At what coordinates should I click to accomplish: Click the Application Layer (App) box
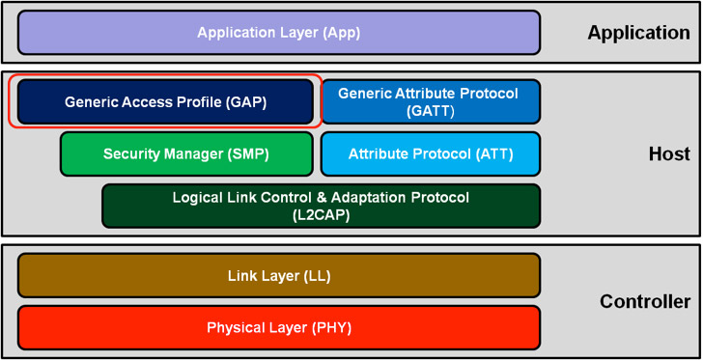click(278, 33)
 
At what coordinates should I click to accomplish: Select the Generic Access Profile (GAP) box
click(165, 101)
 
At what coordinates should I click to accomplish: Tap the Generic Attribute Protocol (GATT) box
click(430, 101)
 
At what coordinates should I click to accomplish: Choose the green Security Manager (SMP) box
click(186, 154)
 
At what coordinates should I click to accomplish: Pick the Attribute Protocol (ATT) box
click(430, 154)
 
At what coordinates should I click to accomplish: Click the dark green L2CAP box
click(321, 206)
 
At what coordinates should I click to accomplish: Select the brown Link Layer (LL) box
click(278, 276)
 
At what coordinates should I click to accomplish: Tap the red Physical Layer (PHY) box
click(278, 328)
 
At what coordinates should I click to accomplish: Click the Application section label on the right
click(638, 33)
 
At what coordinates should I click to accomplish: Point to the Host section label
click(669, 154)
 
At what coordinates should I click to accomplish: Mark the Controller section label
click(645, 302)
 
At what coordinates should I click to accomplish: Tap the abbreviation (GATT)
click(431, 111)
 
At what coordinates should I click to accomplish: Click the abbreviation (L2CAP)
click(321, 215)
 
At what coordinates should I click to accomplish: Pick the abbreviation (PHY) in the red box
click(329, 328)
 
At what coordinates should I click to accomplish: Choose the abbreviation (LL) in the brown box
click(316, 276)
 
